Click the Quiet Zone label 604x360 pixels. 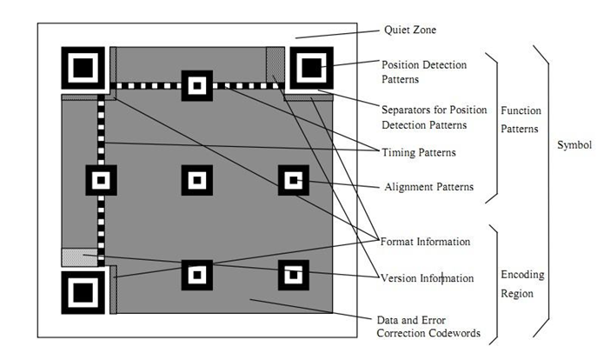point(409,30)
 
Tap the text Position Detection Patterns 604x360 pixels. point(424,71)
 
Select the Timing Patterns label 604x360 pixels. point(419,153)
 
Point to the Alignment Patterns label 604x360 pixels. point(428,186)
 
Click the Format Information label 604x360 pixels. point(426,241)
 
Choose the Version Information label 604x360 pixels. point(427,278)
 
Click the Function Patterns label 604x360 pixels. point(520,121)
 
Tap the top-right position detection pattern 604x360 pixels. point(310,68)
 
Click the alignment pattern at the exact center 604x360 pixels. point(196,180)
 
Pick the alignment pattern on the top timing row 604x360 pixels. point(196,85)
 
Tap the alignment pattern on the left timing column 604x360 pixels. point(101,180)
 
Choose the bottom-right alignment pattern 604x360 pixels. point(293,275)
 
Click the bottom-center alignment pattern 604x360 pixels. point(196,275)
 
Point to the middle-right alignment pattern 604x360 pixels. point(293,180)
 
